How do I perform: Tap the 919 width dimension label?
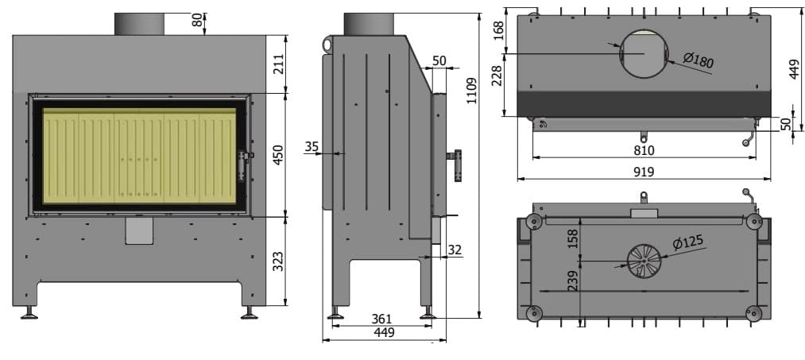[x=644, y=172]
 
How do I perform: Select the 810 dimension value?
[x=644, y=149]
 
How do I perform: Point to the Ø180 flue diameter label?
[x=699, y=60]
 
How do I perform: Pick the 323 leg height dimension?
[x=278, y=261]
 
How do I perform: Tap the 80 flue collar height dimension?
[x=198, y=19]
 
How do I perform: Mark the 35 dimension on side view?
[x=312, y=146]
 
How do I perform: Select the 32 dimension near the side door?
[x=455, y=250]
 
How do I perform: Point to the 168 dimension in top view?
[x=498, y=29]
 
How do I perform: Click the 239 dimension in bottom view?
[x=573, y=281]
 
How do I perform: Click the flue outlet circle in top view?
[x=643, y=53]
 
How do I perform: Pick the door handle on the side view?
[x=456, y=165]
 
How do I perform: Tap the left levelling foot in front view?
[x=30, y=313]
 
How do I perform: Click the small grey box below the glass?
[x=139, y=230]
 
